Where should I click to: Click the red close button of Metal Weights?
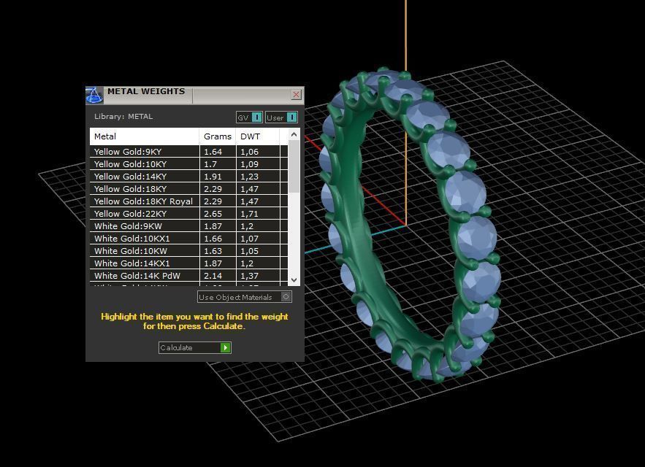296,95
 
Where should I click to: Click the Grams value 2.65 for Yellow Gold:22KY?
213,214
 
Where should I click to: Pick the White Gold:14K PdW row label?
137,276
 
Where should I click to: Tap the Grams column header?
217,136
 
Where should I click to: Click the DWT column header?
250,136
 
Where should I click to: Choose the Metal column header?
105,136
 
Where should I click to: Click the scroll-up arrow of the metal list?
294,135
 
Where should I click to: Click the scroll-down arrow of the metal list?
294,279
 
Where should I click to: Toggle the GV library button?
248,117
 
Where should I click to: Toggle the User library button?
281,117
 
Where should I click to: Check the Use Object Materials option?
286,297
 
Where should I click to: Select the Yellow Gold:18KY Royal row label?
143,201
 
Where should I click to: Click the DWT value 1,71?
249,214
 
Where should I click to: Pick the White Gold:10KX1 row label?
131,239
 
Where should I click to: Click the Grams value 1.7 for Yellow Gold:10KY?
210,164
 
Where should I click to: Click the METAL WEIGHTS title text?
146,92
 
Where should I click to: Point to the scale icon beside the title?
94,96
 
